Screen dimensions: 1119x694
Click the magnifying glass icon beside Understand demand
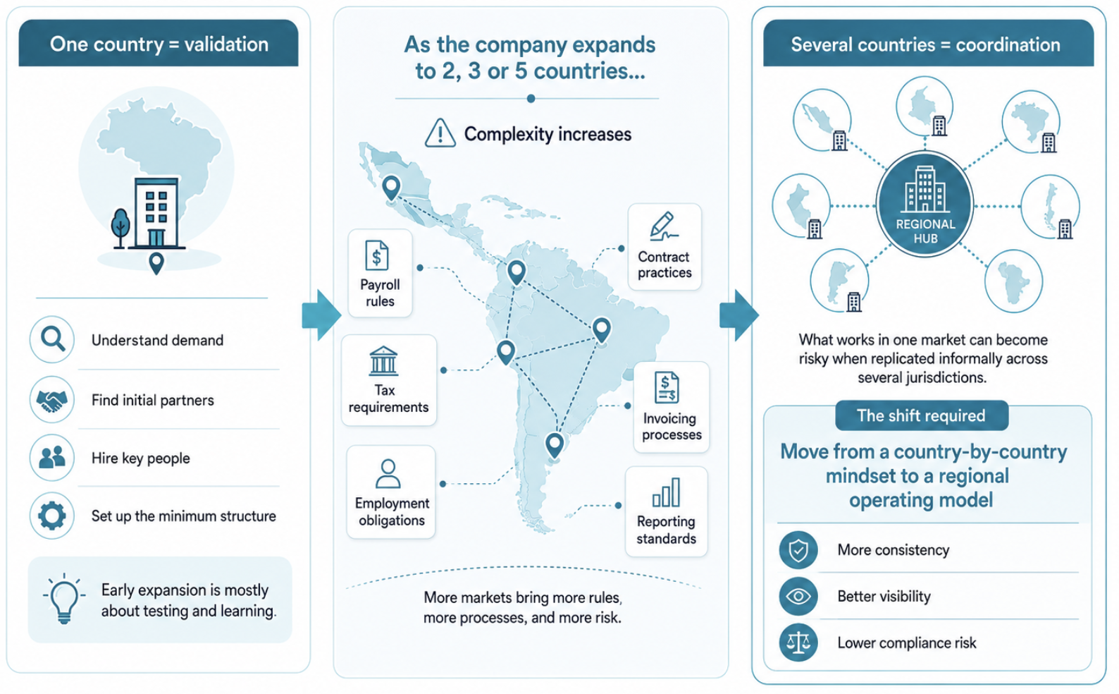click(x=52, y=339)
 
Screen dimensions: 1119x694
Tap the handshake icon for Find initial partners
click(x=52, y=399)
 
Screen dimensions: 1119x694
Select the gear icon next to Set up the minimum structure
click(x=52, y=516)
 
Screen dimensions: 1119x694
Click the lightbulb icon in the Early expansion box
click(x=64, y=599)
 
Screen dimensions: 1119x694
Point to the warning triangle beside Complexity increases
click(x=440, y=133)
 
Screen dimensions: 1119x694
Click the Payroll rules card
click(x=380, y=273)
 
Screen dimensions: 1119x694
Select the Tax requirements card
click(x=389, y=380)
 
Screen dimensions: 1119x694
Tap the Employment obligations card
click(x=391, y=492)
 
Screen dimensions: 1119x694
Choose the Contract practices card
click(x=664, y=247)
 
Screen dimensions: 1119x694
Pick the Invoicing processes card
click(x=672, y=407)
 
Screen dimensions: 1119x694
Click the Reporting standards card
click(x=667, y=511)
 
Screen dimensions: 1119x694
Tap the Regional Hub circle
click(x=925, y=204)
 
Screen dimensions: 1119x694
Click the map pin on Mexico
click(x=391, y=188)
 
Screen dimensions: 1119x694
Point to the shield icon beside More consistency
click(x=798, y=550)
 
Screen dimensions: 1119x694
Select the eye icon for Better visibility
click(x=798, y=596)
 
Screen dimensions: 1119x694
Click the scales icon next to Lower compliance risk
click(x=798, y=643)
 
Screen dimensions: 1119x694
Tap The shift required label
click(x=922, y=415)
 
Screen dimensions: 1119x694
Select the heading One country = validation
click(x=159, y=44)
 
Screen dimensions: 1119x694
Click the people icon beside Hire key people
click(x=52, y=458)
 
